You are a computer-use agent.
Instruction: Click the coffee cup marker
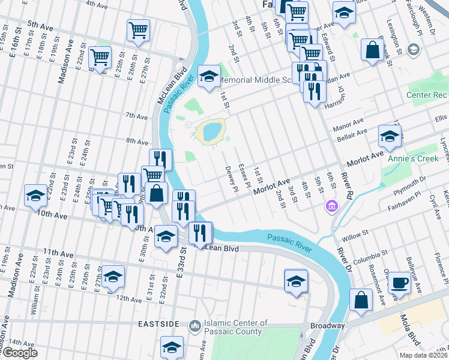click(399, 282)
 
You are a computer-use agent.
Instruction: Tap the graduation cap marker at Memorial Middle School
click(209, 77)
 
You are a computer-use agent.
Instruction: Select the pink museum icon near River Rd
click(330, 207)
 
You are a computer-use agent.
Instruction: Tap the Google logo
click(19, 353)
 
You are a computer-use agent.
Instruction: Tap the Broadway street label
click(327, 326)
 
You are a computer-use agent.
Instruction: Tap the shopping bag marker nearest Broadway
click(361, 302)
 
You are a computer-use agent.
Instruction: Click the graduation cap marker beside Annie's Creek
click(390, 137)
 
